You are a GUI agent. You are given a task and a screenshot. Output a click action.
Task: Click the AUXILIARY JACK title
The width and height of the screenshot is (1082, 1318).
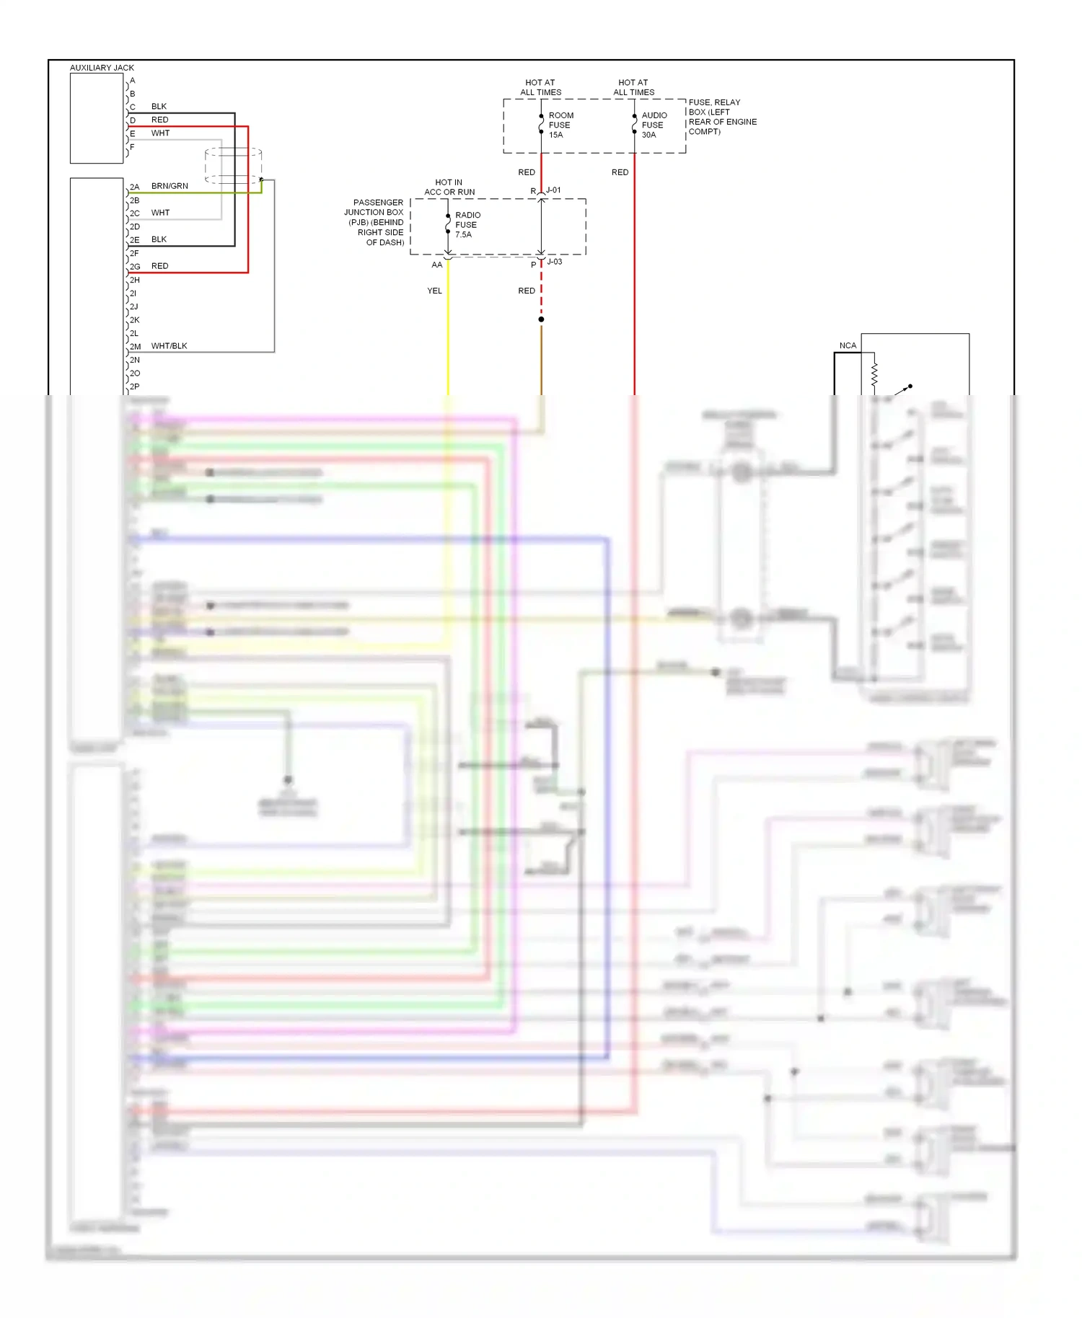(102, 68)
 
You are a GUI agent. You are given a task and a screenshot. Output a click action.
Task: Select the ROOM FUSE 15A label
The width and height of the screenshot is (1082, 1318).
(560, 125)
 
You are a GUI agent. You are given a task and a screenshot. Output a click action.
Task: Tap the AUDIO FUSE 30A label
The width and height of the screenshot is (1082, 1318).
(654, 125)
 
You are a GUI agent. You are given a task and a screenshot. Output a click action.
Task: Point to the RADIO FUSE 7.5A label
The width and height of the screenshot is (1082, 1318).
(467, 224)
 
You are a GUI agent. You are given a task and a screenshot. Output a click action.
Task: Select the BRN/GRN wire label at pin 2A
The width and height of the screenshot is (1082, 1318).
(170, 186)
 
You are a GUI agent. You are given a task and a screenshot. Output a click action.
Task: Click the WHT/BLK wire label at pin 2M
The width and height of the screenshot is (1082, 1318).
(169, 346)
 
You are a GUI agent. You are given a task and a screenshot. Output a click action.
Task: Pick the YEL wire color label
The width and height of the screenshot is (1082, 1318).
(434, 291)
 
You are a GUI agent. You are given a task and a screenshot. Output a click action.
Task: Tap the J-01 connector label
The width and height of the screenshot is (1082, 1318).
(553, 190)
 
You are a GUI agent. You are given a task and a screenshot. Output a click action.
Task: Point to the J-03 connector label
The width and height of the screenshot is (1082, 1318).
(554, 262)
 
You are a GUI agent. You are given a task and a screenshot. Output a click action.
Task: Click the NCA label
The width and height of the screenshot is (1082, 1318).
(848, 345)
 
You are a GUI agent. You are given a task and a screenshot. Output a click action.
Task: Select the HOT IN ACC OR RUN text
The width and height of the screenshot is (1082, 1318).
(449, 187)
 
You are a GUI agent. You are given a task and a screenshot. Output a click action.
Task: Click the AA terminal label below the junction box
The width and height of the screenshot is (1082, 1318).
(436, 265)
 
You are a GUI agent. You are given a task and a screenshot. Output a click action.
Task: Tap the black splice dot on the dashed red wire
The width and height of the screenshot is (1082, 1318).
(541, 319)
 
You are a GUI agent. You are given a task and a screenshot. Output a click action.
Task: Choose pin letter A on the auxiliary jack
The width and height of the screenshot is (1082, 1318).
(132, 81)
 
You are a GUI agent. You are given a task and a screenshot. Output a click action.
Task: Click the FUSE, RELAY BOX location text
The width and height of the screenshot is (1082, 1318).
(722, 117)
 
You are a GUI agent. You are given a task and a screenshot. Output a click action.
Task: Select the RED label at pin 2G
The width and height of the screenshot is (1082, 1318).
(159, 266)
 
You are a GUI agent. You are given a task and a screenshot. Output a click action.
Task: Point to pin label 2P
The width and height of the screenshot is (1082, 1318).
(135, 386)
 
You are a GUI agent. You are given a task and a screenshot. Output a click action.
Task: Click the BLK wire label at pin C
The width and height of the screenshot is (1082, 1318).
(159, 106)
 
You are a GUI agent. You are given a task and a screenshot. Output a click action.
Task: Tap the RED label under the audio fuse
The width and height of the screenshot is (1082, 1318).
(620, 172)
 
